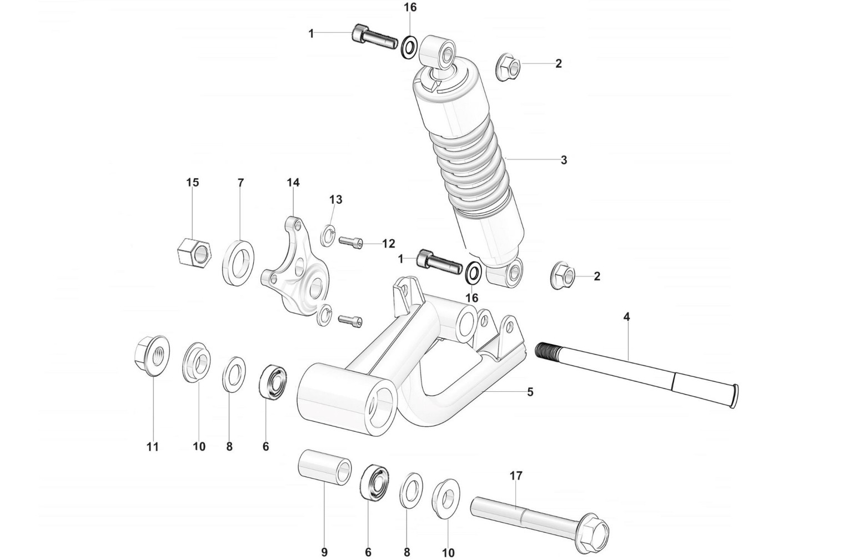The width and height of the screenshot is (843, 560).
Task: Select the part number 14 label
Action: pyautogui.click(x=293, y=183)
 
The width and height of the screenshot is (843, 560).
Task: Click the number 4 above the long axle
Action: pyautogui.click(x=626, y=317)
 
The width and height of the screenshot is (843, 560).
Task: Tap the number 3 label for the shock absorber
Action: pyautogui.click(x=564, y=160)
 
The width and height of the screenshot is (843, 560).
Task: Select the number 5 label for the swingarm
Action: pyautogui.click(x=530, y=392)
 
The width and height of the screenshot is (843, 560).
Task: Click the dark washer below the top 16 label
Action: pyautogui.click(x=409, y=47)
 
